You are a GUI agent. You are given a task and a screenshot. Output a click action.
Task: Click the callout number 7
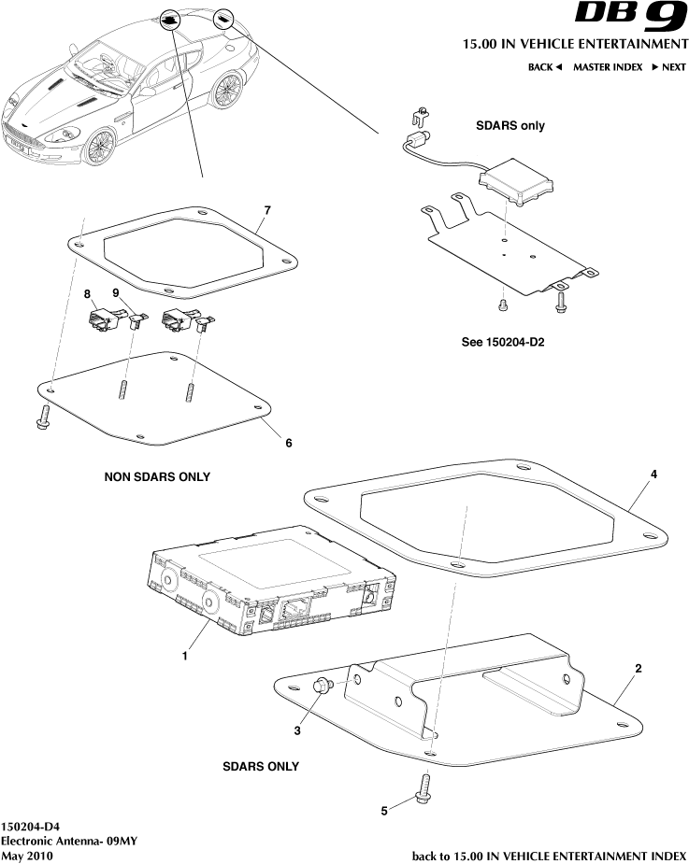click(x=266, y=210)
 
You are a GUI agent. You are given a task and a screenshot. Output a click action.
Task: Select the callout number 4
click(x=653, y=474)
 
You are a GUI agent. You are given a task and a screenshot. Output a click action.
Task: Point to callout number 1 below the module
click(x=185, y=656)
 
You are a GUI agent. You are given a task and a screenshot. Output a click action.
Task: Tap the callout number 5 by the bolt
click(x=384, y=811)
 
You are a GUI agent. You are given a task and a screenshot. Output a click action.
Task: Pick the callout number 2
click(x=638, y=669)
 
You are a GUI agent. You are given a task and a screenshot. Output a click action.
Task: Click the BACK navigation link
click(x=544, y=67)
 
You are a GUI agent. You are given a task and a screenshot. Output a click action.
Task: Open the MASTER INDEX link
click(x=608, y=67)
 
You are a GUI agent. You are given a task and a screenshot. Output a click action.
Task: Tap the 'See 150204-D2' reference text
click(x=503, y=342)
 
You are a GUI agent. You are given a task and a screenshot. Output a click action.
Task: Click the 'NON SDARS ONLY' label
click(x=157, y=476)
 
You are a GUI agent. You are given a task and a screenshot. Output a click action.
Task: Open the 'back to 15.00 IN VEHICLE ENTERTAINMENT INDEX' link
click(x=549, y=856)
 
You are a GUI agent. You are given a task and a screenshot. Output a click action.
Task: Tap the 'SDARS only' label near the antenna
click(x=510, y=125)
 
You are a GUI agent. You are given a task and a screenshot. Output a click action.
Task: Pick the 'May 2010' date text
click(x=27, y=856)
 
